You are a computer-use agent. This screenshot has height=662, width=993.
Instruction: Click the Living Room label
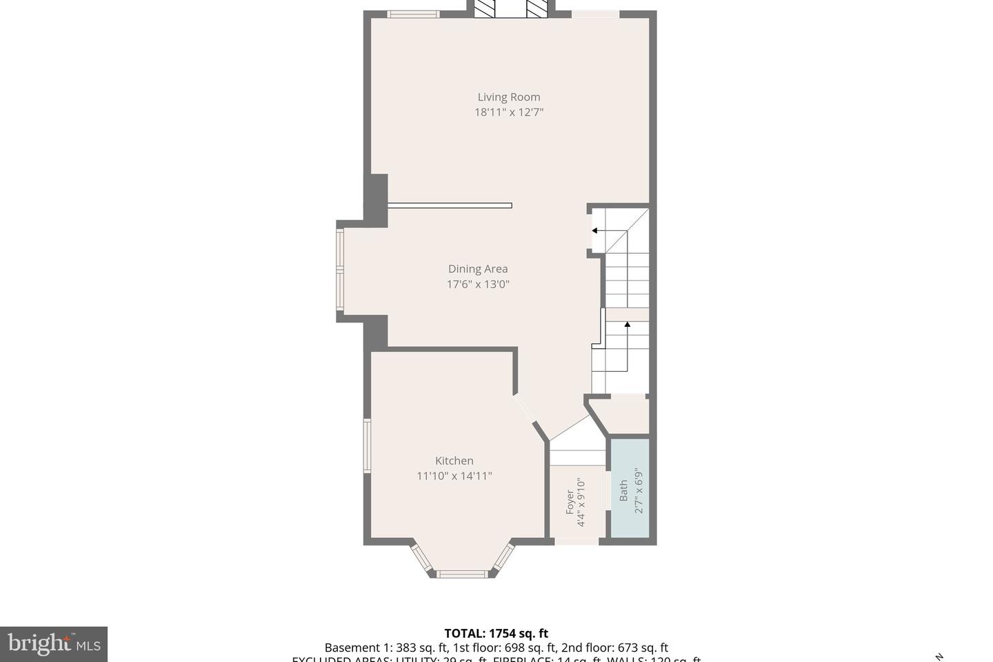[509, 97]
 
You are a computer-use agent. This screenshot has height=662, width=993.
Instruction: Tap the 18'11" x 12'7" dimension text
[509, 112]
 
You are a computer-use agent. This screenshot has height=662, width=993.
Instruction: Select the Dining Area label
[478, 269]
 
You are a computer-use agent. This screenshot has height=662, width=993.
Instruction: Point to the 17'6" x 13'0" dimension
[478, 284]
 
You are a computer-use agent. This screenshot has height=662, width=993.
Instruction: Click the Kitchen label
[454, 461]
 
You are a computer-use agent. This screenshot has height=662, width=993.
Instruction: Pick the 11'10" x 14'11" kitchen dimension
[454, 476]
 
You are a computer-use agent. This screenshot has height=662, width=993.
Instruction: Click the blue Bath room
[630, 488]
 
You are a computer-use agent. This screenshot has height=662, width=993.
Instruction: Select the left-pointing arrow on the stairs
[595, 231]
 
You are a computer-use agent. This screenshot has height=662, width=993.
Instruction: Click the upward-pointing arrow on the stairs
[627, 324]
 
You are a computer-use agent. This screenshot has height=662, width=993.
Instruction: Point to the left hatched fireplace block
[485, 8]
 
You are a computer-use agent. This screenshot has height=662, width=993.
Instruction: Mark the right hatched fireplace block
[537, 8]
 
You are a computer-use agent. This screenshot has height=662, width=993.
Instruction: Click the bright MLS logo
[53, 645]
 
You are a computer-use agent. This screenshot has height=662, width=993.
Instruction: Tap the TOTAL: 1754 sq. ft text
[496, 633]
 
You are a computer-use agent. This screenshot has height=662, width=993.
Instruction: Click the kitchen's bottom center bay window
[462, 574]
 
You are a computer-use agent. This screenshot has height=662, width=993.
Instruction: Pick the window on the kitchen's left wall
[368, 445]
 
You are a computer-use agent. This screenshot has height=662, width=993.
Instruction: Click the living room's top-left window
[413, 14]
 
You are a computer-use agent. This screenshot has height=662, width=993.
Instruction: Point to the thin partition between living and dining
[450, 205]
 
